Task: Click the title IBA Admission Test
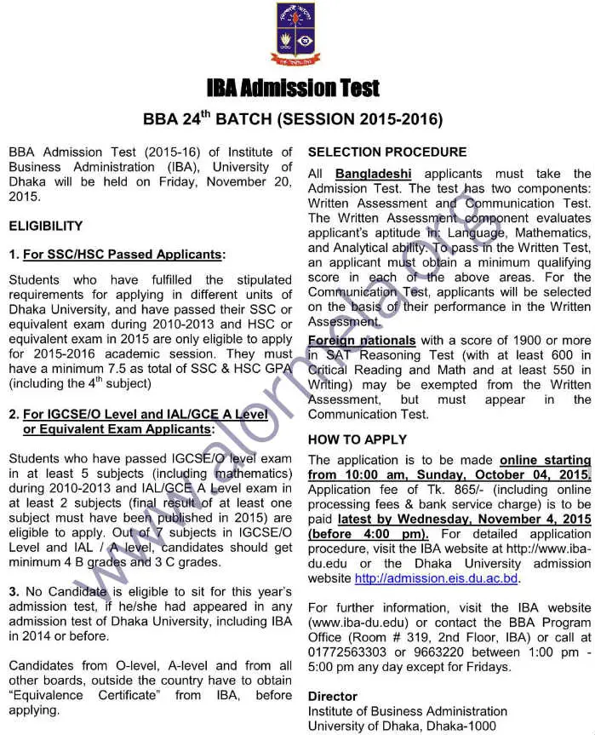[x=293, y=88]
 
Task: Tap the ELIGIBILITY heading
[x=46, y=226]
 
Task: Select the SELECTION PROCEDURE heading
[x=387, y=152]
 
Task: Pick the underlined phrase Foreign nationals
[x=362, y=340]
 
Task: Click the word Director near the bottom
[x=332, y=696]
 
